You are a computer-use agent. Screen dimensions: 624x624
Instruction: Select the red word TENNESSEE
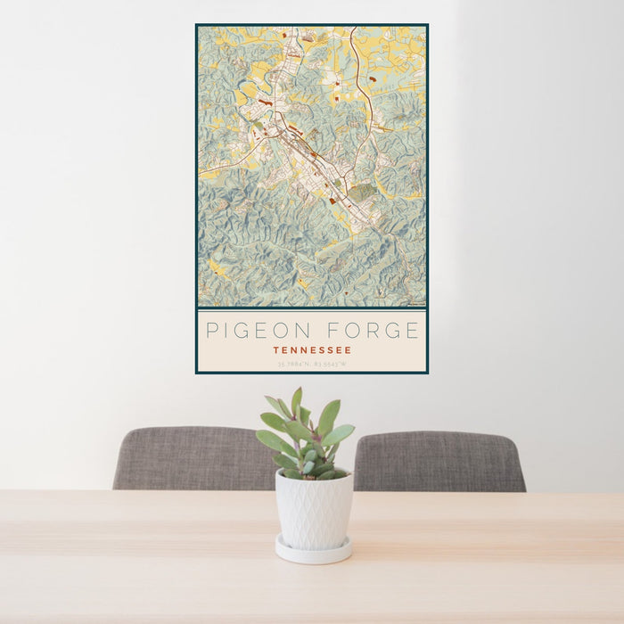click(x=312, y=350)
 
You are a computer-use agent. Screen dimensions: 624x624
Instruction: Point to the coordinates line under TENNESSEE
click(x=312, y=364)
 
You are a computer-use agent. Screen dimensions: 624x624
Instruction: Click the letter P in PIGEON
click(x=211, y=331)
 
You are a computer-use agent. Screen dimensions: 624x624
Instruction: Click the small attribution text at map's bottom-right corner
click(x=414, y=305)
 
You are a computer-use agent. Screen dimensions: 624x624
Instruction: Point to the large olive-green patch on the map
click(x=361, y=192)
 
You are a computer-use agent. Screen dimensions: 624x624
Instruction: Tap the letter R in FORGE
click(x=373, y=331)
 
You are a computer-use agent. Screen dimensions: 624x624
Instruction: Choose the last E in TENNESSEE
click(x=349, y=350)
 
